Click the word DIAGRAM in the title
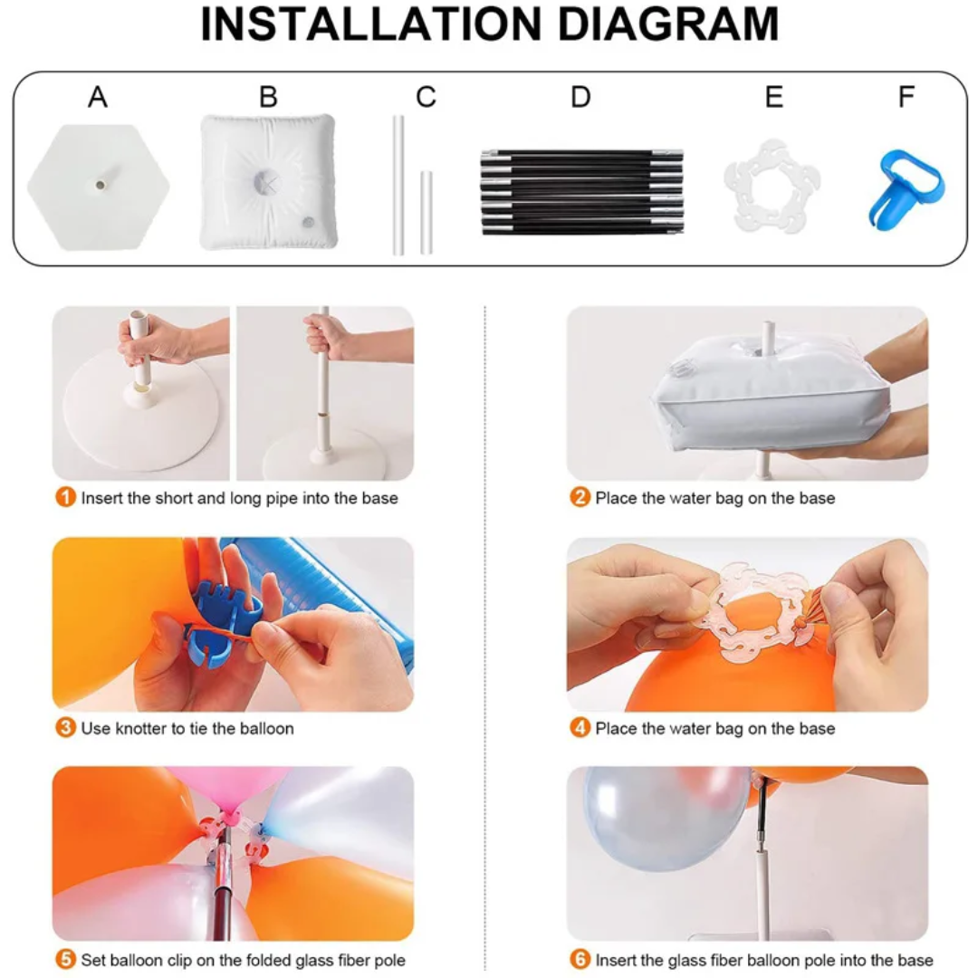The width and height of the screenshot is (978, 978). pos(667,24)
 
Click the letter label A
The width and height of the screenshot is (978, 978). pos(98,97)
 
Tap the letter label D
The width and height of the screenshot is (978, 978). pos(580,97)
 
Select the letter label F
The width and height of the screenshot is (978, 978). pos(906,97)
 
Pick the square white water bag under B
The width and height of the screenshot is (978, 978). pos(268,181)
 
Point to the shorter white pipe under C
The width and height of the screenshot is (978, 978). pos(427,212)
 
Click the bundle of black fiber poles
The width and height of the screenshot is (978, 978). pos(582,191)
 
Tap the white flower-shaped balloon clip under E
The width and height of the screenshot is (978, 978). pos(772,186)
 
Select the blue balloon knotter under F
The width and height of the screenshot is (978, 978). pos(906,188)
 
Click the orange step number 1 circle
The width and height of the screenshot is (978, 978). pos(65,498)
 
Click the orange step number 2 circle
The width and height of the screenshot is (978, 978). pos(580,498)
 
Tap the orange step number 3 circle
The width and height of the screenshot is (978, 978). pos(65,728)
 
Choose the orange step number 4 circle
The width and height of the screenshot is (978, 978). pos(580,728)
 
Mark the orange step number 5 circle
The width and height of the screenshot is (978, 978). pos(65,959)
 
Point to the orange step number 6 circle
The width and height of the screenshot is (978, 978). pos(580,959)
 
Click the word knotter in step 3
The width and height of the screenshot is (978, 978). pos(141,728)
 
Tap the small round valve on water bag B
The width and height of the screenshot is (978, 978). pos(308,222)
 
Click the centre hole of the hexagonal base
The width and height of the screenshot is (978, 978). pos(100,185)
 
